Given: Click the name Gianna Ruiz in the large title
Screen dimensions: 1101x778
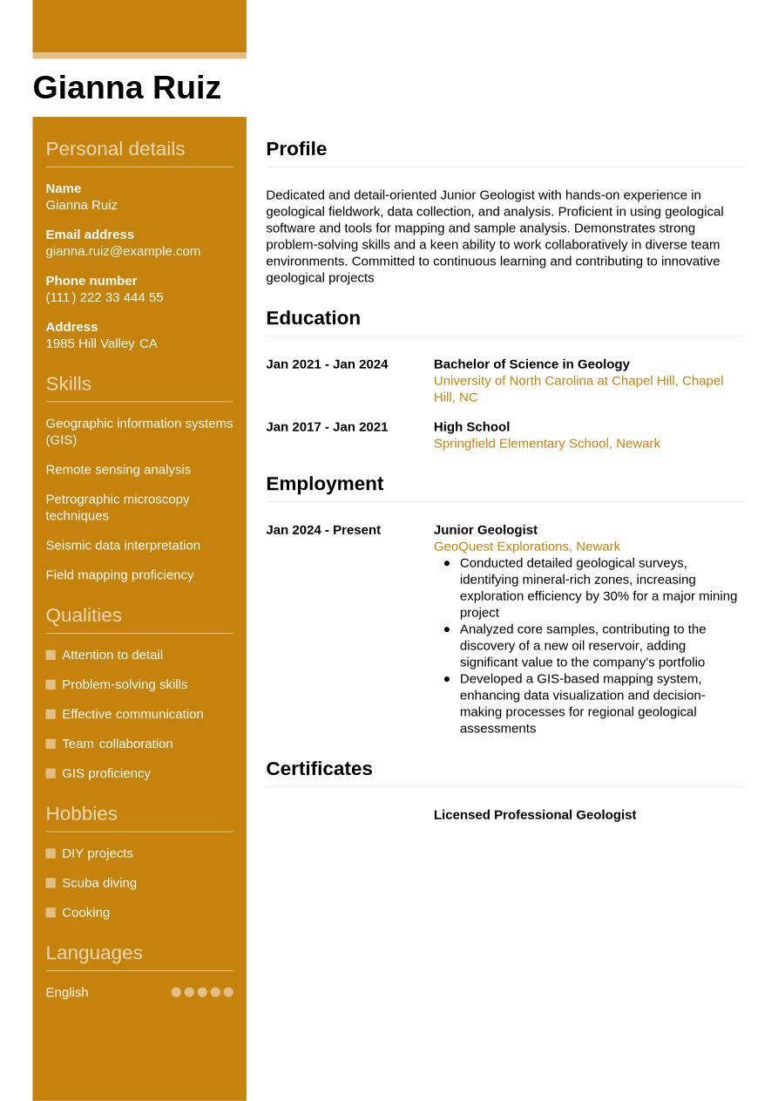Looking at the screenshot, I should (126, 88).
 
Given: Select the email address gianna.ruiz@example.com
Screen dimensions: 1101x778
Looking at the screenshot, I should (123, 251).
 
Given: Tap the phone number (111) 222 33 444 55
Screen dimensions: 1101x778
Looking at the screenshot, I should (104, 297).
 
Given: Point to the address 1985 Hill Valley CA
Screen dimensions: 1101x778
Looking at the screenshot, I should (101, 343).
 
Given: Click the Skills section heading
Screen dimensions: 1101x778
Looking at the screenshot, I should (68, 384).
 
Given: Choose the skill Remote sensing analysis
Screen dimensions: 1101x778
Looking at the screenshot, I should (118, 469).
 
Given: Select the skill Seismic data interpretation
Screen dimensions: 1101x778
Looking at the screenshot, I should (123, 545).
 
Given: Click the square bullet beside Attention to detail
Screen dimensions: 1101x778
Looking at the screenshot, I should (51, 655).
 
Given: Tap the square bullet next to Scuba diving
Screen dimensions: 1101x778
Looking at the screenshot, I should (51, 883).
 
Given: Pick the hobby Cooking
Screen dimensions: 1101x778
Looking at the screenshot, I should (85, 913).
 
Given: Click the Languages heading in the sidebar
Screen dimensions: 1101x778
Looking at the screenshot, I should (93, 953).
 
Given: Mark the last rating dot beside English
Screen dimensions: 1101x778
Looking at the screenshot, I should (228, 992).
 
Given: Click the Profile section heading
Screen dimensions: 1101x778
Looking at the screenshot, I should (296, 149).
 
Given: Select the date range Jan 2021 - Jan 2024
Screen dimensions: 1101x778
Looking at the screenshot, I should (327, 364).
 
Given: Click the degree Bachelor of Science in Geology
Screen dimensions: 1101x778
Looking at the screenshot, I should (531, 364).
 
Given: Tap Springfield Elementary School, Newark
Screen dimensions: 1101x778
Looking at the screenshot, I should (546, 444).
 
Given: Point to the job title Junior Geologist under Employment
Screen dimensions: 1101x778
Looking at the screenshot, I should (485, 530).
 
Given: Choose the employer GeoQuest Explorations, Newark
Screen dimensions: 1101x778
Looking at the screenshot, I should (526, 547).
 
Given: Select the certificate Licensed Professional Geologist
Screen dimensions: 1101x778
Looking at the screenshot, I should (534, 815).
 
